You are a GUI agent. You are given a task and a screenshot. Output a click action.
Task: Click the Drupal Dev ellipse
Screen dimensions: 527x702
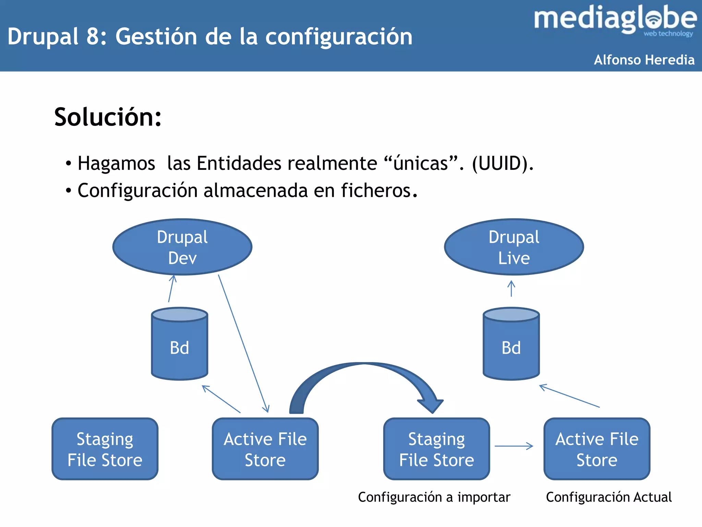point(182,247)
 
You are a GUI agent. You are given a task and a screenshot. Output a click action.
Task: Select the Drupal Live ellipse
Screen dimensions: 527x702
point(514,247)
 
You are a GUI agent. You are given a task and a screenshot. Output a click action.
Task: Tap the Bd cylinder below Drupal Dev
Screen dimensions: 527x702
point(179,347)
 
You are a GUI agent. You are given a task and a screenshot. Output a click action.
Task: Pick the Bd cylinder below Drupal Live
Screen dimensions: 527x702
point(511,347)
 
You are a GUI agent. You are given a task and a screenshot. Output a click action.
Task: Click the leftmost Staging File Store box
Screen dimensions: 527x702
point(105,449)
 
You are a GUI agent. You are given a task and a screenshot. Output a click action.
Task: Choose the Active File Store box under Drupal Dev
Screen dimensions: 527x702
point(265,449)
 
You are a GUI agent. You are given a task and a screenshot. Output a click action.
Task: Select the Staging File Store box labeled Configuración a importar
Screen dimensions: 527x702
point(436,449)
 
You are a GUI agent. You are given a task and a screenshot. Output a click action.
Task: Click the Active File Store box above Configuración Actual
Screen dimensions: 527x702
point(597,449)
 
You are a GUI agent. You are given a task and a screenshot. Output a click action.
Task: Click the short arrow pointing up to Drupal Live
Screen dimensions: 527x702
point(511,289)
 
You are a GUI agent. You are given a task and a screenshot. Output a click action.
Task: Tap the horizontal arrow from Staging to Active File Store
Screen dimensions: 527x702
point(514,446)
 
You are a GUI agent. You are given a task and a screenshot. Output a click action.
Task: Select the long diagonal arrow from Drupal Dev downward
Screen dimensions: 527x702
point(243,343)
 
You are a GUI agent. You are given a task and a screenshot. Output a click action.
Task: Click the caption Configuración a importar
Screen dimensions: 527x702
point(434,497)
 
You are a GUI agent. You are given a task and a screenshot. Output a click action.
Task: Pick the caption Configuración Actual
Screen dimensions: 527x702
point(608,497)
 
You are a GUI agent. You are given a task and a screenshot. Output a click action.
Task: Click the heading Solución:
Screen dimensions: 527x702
point(108,117)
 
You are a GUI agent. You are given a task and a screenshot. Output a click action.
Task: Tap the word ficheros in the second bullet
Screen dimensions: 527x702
point(376,190)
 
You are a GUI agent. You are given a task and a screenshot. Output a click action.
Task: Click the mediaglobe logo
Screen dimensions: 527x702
point(615,20)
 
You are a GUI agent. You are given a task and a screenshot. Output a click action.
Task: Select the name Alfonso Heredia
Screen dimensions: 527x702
point(644,60)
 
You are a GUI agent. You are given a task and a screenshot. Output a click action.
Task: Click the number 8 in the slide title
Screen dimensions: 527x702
point(93,36)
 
